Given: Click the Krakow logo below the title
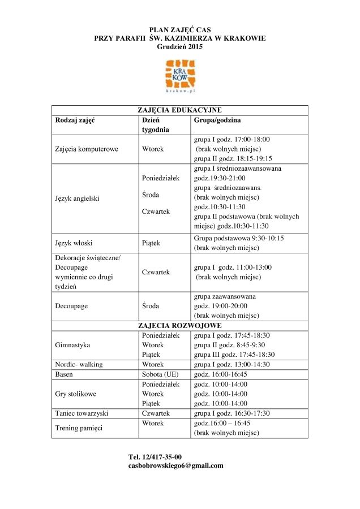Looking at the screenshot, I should pos(179,76).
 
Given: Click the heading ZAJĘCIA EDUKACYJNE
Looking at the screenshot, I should pos(179,110).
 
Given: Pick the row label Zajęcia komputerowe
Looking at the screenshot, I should pos(87,149).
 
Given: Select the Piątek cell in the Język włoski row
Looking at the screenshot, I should pos(151,243).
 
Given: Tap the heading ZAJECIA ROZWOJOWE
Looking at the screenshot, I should pos(179,326).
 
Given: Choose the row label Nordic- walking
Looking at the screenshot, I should pos(79,364).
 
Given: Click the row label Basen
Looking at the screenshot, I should pos(64,374).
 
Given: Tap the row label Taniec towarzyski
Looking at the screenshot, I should pos(82,413).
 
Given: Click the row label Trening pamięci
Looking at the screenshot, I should pos(79,428).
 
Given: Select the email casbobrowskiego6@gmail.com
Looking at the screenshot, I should pos(176,465).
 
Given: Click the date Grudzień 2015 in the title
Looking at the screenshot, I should pos(179,46).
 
